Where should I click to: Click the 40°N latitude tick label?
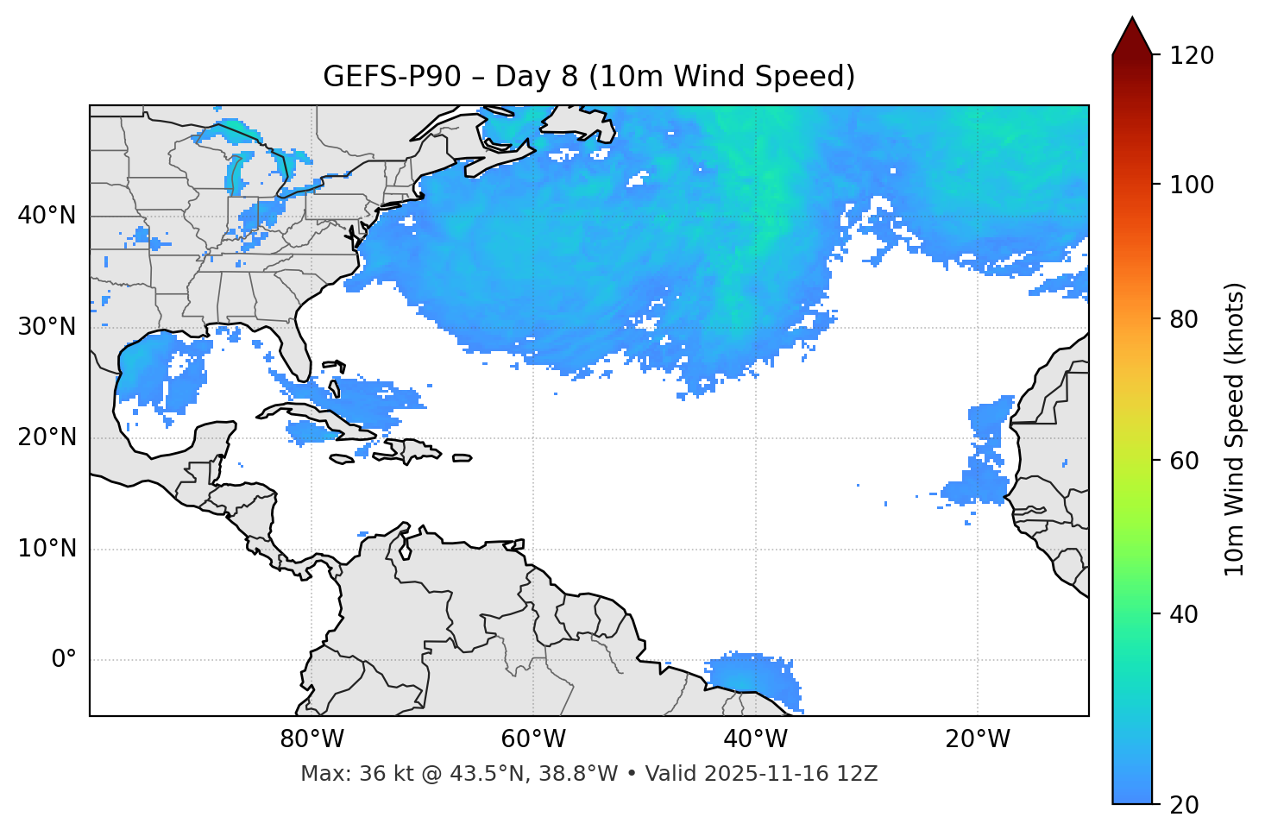(x=47, y=216)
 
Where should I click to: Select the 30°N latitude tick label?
(x=47, y=327)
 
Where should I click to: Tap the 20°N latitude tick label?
(x=47, y=437)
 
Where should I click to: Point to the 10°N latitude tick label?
(x=47, y=549)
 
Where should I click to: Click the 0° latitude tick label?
(x=64, y=660)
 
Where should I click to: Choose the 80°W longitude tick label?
(x=312, y=739)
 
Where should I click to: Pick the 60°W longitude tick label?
(x=533, y=739)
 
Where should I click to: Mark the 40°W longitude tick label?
(x=756, y=739)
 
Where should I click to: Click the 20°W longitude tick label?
(x=978, y=739)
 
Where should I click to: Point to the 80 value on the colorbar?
(x=1189, y=319)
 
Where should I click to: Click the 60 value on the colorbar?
(x=1189, y=461)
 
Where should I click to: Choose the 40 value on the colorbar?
(x=1189, y=614)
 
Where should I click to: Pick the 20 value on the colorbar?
(x=1189, y=805)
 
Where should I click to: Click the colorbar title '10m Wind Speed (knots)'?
(x=1235, y=429)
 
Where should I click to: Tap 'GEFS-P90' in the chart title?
(x=376, y=77)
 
